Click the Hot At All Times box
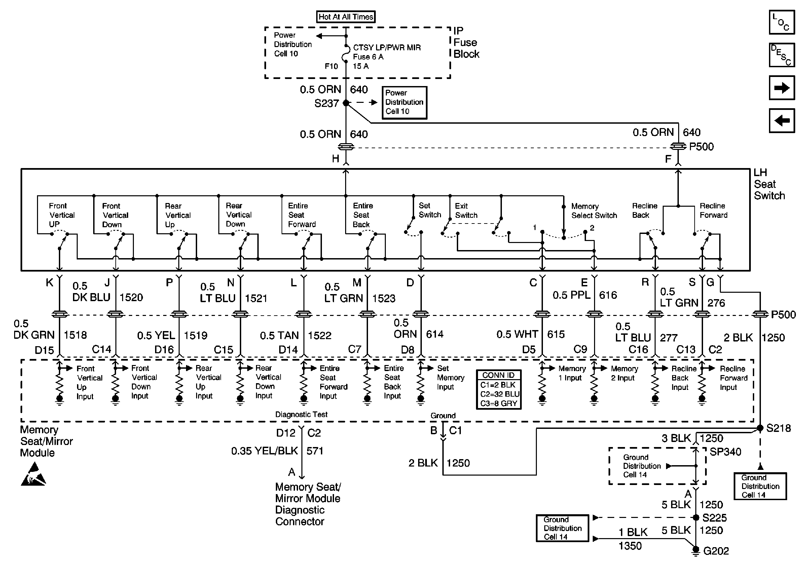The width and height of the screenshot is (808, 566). (345, 17)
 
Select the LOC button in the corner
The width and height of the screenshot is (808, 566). (782, 23)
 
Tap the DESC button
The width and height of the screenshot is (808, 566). (782, 55)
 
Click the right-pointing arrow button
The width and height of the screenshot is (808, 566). (782, 87)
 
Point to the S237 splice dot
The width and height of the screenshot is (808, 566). (346, 103)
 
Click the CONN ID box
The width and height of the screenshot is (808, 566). (498, 389)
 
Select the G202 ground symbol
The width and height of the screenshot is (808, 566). (696, 551)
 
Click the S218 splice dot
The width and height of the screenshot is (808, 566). (760, 428)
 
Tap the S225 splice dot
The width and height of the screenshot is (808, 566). (696, 518)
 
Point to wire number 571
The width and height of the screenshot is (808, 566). (315, 451)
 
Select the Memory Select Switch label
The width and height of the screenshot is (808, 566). (594, 211)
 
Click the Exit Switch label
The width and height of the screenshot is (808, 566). (466, 211)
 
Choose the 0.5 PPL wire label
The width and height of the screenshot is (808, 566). (571, 295)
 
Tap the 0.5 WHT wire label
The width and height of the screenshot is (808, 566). (517, 334)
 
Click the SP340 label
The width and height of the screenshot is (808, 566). (725, 452)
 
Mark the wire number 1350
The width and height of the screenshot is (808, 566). (630, 545)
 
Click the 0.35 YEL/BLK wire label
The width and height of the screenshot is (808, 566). (264, 451)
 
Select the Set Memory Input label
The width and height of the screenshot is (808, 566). (450, 377)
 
